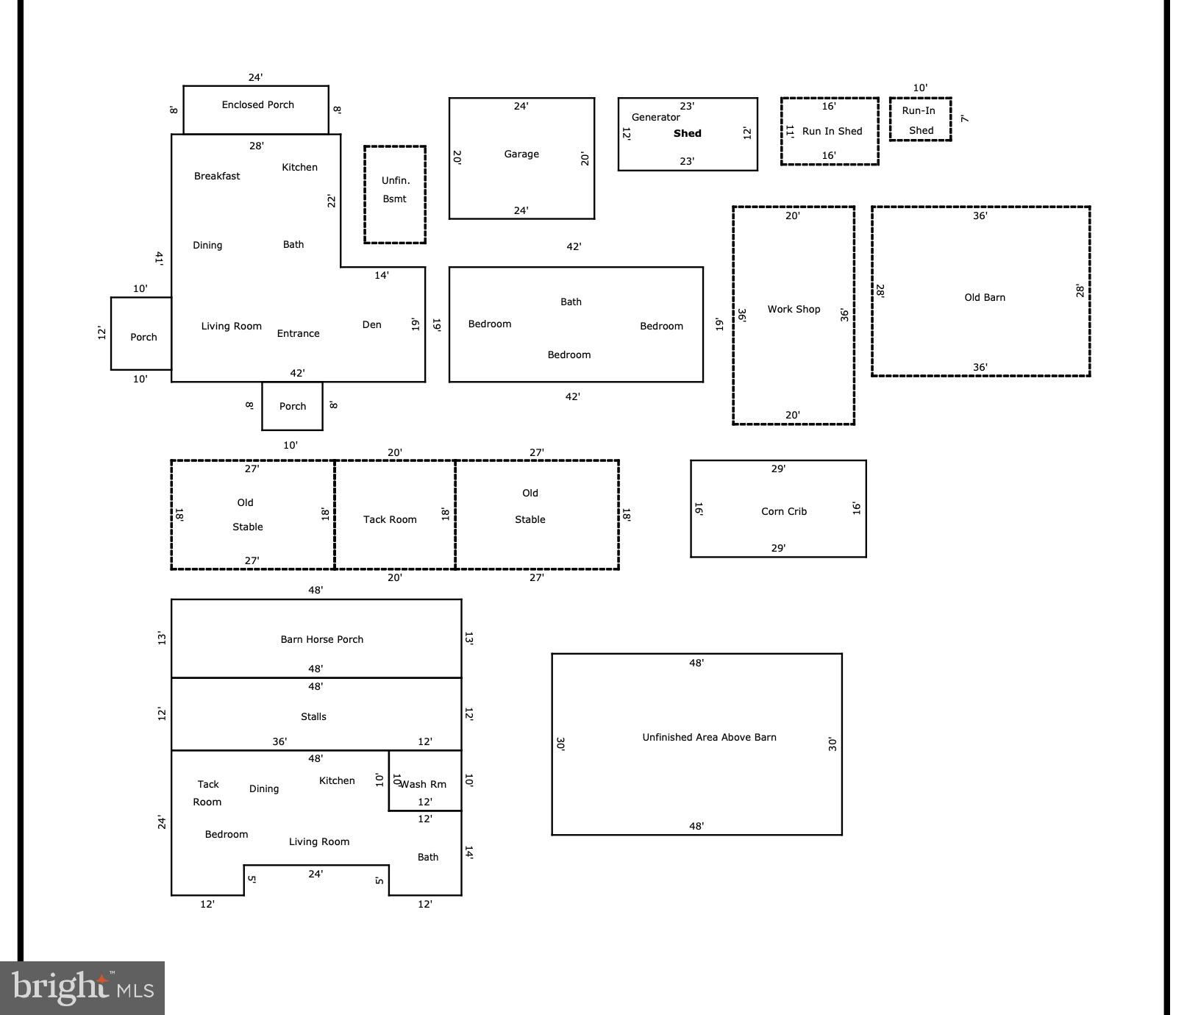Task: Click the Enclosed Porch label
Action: [x=257, y=104]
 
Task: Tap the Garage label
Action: [x=521, y=154]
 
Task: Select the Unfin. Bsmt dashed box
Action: [x=395, y=194]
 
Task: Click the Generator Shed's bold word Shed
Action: [x=687, y=133]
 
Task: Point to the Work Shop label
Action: [x=794, y=309]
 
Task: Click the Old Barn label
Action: [x=984, y=297]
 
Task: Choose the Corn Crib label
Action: [x=783, y=511]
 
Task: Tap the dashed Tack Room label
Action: [x=390, y=519]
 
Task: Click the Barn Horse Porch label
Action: [x=321, y=639]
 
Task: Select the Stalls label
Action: [x=313, y=716]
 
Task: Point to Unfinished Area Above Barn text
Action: [x=709, y=737]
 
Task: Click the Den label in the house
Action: [x=371, y=324]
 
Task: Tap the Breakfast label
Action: [x=217, y=176]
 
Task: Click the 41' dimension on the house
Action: [x=159, y=257]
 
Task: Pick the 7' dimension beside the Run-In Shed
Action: [x=964, y=118]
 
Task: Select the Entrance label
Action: [x=298, y=333]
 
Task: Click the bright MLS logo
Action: [x=82, y=987]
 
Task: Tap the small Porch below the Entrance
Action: [x=292, y=406]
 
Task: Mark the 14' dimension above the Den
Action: [x=381, y=275]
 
